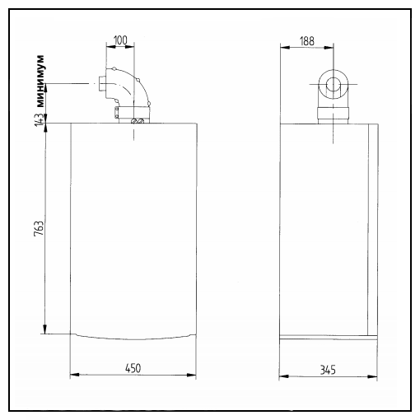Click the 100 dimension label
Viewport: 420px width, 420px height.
click(120, 40)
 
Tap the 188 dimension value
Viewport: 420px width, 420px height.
click(307, 41)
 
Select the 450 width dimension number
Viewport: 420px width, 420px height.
click(133, 368)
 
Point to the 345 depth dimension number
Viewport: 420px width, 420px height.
click(328, 370)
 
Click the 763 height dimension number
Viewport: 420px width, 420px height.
click(39, 228)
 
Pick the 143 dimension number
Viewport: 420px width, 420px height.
click(39, 120)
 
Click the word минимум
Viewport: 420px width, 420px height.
click(40, 81)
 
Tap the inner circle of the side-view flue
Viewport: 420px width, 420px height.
click(334, 85)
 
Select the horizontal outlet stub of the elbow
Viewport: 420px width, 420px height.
click(101, 84)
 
